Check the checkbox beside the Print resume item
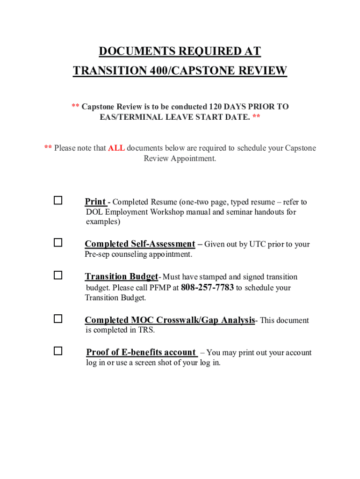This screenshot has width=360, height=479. click(x=58, y=201)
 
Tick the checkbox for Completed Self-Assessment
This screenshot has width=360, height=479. click(x=58, y=243)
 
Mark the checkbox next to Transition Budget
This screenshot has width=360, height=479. click(x=58, y=275)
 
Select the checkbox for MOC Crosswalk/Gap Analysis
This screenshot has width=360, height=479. click(x=58, y=319)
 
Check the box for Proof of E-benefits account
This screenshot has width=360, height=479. click(x=58, y=351)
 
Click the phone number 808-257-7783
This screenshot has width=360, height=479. click(x=207, y=287)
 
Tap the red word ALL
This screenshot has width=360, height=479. click(x=116, y=148)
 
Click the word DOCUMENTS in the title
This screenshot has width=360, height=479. click(x=136, y=51)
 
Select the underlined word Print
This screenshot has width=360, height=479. click(x=95, y=202)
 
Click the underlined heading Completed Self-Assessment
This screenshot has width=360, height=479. click(x=140, y=244)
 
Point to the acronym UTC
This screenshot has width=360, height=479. click(x=258, y=244)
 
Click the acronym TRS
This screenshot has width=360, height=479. click(x=146, y=330)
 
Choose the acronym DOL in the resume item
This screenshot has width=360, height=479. click(x=94, y=212)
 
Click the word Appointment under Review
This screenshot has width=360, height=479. click(x=193, y=159)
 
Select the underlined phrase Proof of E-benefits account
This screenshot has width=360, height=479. click(x=141, y=352)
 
